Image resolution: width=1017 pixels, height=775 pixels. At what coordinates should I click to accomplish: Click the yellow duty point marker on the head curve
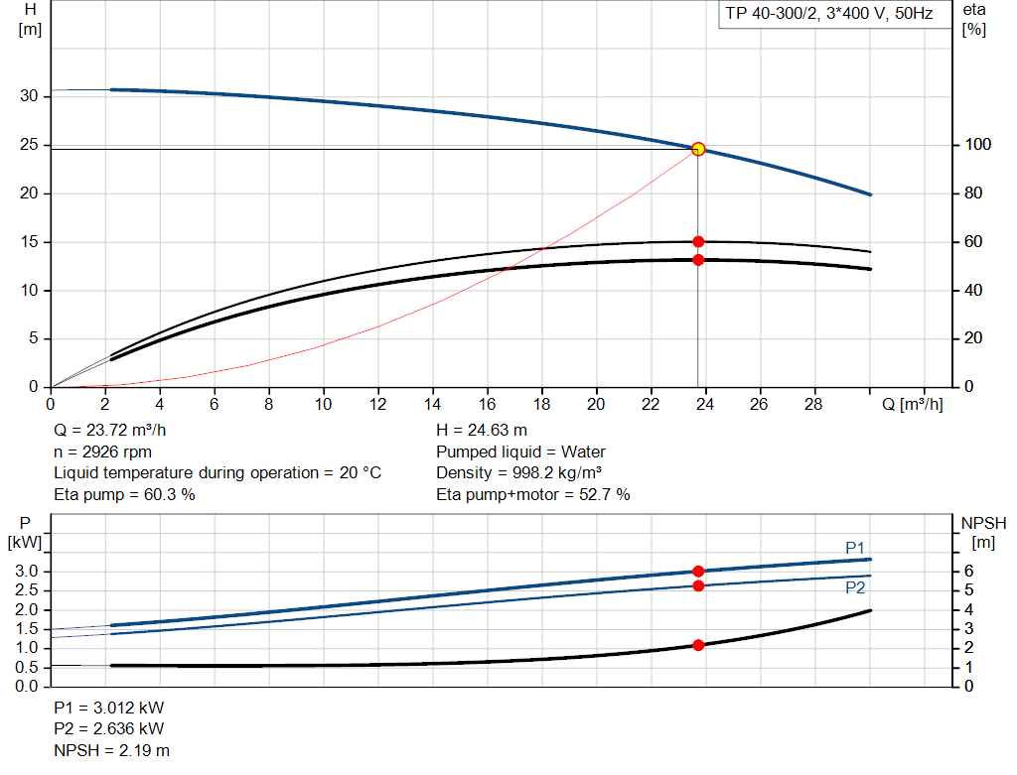coord(698,149)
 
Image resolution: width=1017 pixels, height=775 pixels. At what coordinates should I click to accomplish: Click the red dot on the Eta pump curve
coord(698,241)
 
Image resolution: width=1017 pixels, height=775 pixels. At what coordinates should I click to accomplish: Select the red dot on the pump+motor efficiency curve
coord(698,260)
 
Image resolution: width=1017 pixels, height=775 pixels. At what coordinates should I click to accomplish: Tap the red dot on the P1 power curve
coord(698,571)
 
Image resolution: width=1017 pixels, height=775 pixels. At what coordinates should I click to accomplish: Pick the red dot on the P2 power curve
coord(698,585)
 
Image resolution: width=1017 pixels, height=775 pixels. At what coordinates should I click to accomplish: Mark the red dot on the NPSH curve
coord(698,645)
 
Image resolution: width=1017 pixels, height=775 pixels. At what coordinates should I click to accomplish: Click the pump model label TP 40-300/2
coord(825,15)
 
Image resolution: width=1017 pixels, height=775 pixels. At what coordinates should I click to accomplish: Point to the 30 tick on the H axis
coord(29,96)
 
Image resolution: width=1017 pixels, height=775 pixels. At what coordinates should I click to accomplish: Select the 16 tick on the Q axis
coord(487,405)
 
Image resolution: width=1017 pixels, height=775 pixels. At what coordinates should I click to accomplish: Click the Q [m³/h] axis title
coord(913,405)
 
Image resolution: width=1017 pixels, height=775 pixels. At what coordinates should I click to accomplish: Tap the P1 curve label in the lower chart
coord(855,547)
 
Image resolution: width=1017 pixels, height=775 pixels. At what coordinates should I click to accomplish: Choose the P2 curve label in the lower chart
coord(855,587)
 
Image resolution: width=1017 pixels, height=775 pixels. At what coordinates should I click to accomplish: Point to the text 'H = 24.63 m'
coord(482,431)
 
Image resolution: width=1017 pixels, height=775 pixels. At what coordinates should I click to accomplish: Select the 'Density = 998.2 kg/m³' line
coord(519,472)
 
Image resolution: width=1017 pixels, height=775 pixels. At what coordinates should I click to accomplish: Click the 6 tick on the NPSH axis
coord(969,572)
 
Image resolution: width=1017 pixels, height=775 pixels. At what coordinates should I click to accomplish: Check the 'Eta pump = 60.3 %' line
coord(124,493)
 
